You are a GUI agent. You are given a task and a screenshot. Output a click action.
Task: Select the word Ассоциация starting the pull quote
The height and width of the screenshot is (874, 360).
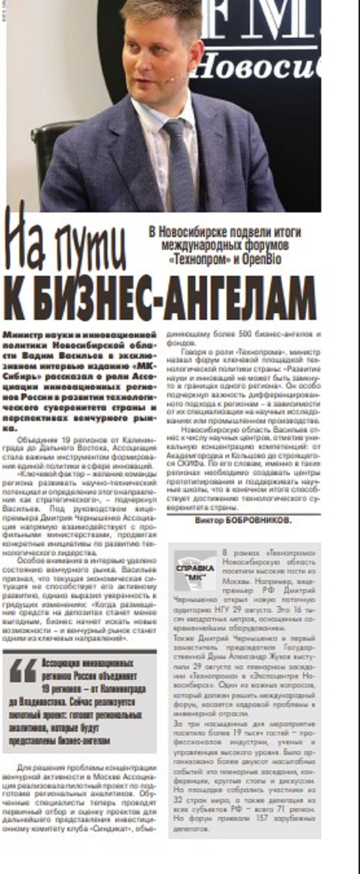pos(62,663)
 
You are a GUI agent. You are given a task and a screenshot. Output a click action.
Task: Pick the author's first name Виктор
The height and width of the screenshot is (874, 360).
pos(207,520)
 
